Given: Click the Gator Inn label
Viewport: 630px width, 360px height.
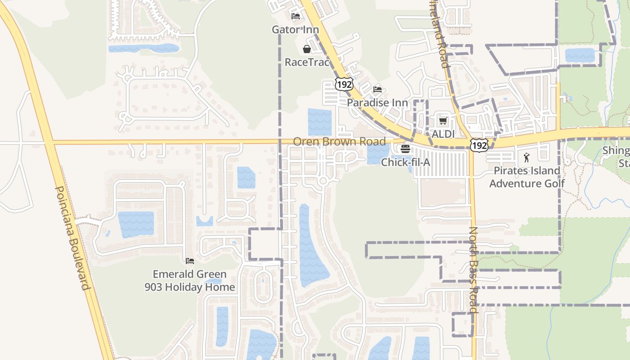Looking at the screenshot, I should [x=295, y=30].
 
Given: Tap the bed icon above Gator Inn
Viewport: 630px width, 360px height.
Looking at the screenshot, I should [x=296, y=16].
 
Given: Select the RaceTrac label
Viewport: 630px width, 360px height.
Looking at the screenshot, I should [x=307, y=62].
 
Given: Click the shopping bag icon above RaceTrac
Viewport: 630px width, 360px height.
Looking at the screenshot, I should [x=307, y=49].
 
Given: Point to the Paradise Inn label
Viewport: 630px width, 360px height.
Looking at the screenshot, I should [x=378, y=103].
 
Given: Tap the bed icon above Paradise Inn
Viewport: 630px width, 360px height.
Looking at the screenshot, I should [x=378, y=90].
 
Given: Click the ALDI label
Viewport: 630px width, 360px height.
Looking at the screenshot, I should [x=443, y=134].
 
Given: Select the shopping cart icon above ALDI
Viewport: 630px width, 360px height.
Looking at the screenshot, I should [x=443, y=121].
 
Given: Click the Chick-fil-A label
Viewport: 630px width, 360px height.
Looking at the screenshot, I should [x=405, y=162].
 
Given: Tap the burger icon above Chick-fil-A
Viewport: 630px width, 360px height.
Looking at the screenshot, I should [x=405, y=148].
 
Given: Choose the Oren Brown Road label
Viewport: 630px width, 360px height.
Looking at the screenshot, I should [x=339, y=142].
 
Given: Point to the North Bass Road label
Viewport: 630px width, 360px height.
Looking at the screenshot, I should [x=473, y=270].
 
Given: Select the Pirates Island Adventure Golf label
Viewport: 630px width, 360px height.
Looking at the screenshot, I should [x=527, y=177].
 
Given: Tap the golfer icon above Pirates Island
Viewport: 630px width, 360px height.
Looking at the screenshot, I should [x=526, y=157].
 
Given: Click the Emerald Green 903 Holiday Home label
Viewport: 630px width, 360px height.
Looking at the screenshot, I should [x=189, y=280].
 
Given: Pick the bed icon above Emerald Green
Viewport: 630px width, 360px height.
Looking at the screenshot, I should [x=189, y=261].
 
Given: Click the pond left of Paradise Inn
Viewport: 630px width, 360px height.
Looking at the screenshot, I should [x=319, y=122].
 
